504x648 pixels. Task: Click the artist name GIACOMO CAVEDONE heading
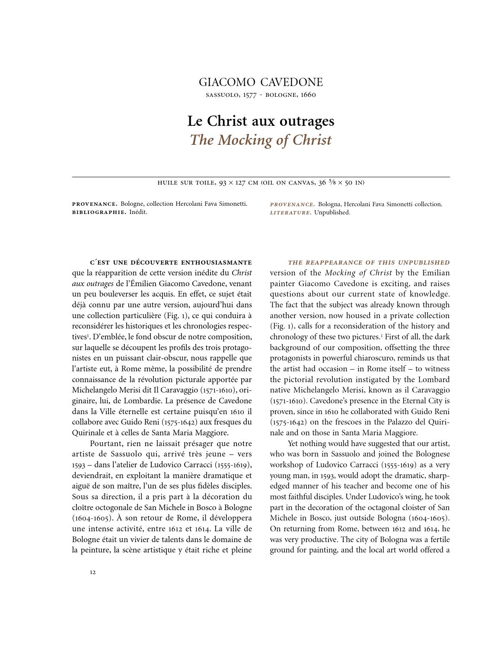(x=261, y=82)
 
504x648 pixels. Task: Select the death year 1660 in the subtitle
(x=308, y=95)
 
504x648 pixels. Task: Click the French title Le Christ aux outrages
(x=261, y=121)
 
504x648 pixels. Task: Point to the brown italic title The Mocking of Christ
(x=261, y=140)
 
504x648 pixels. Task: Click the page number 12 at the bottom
(x=93, y=572)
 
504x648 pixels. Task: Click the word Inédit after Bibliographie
(x=138, y=212)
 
